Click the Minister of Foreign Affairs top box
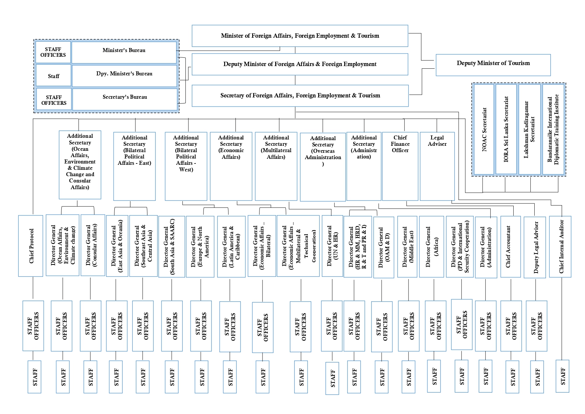coord(300,36)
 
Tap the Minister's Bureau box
coord(124,52)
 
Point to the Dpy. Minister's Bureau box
coord(124,76)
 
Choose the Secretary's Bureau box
coord(125,99)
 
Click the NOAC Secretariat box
coord(484,129)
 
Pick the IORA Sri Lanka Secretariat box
coord(506,129)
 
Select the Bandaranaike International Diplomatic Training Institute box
coord(553,129)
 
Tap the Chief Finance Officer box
coord(400,166)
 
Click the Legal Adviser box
coord(437,166)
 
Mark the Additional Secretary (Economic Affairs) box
coord(231,166)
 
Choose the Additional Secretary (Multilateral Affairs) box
coord(276,166)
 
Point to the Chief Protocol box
coord(31,246)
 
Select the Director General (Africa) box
coord(432,247)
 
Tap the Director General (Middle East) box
coord(407,247)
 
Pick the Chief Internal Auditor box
coord(560,247)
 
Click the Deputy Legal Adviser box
coord(535,247)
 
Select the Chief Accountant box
coord(510,247)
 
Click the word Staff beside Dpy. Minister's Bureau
coord(53,76)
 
